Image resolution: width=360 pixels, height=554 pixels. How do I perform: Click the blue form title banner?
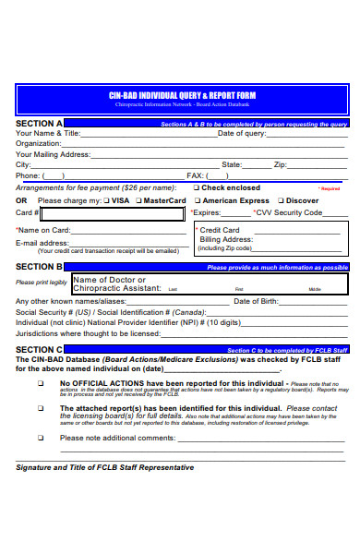pos(182,100)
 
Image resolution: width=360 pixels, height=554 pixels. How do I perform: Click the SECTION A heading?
pos(40,123)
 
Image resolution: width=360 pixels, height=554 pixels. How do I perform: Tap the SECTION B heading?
pos(40,267)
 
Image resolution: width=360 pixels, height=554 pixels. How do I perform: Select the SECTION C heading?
pos(40,350)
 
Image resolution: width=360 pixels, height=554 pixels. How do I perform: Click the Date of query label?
pos(242,133)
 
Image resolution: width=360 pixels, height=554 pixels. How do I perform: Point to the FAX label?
pos(195,175)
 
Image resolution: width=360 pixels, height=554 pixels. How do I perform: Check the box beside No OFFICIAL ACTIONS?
pos(41,382)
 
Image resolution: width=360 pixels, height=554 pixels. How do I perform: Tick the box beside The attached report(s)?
pos(41,407)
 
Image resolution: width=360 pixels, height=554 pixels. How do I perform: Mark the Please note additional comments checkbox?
pos(41,438)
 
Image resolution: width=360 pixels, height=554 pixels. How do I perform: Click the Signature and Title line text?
pos(105,467)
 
